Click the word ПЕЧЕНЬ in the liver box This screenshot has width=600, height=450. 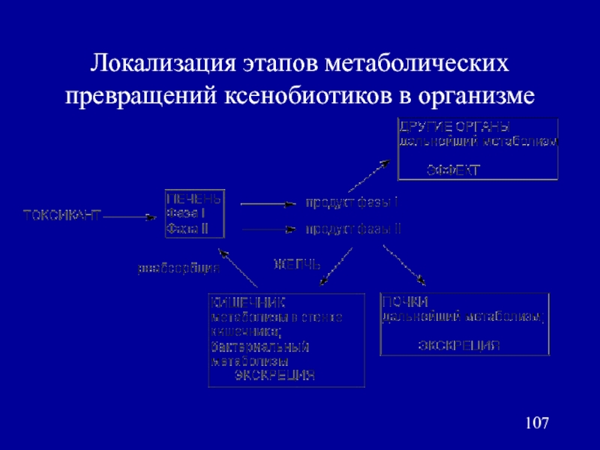(x=193, y=200)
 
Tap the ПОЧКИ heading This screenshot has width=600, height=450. (x=405, y=302)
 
